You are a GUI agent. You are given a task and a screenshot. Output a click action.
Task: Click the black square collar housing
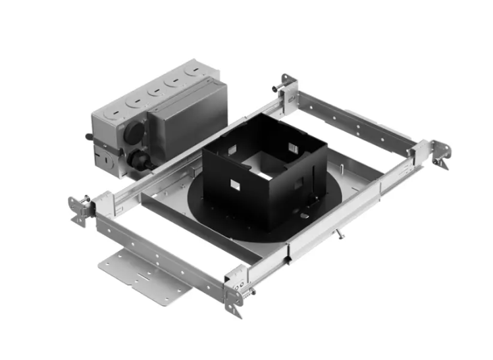click(x=263, y=178)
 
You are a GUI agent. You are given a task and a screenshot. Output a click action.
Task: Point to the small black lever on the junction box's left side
click(x=90, y=137)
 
